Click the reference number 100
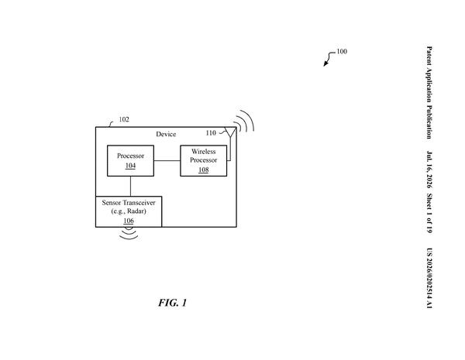(342, 52)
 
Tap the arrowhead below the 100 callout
(325, 63)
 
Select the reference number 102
(124, 119)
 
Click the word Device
(166, 134)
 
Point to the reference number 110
(211, 133)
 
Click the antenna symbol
(230, 132)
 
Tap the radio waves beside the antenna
(244, 121)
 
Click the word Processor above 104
(130, 156)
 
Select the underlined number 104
(130, 166)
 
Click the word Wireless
(203, 152)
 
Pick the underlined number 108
(203, 170)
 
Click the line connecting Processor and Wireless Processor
(167, 160)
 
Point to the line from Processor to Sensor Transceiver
(130, 186)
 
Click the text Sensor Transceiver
(129, 203)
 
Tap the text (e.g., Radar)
(129, 211)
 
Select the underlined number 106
(129, 221)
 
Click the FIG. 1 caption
(172, 303)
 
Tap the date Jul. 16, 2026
(429, 170)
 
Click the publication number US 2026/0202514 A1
(429, 278)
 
